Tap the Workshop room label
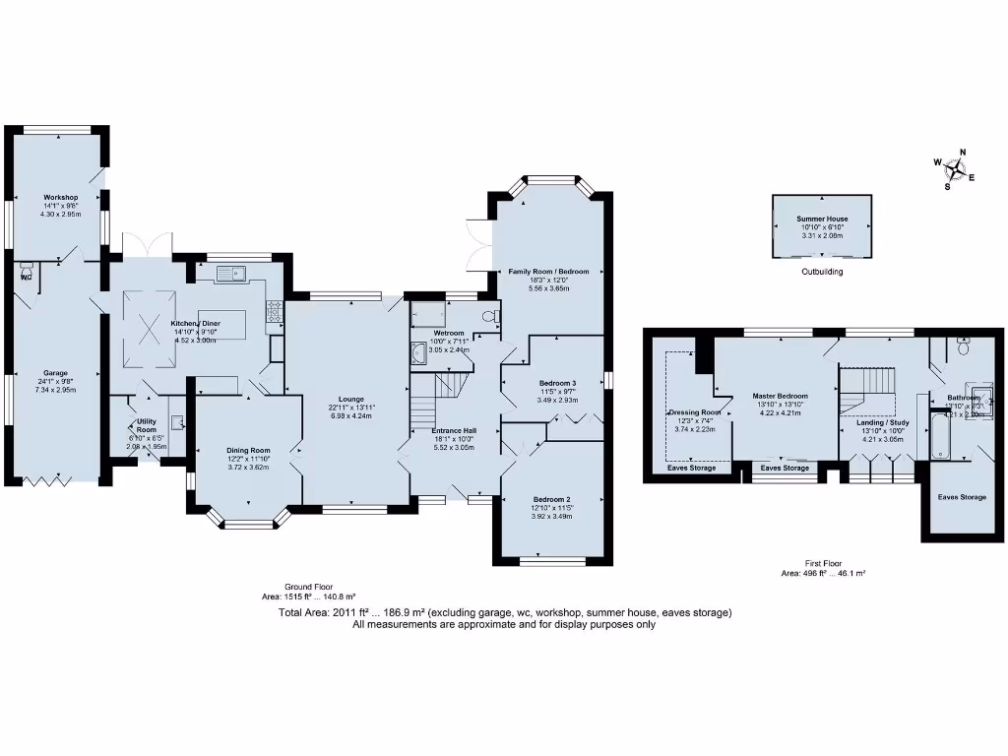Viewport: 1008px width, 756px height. click(60, 198)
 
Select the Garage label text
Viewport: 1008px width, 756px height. click(55, 374)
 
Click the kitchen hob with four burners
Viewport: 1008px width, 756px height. click(274, 312)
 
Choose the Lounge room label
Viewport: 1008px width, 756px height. click(352, 399)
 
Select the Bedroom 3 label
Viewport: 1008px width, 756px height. click(557, 383)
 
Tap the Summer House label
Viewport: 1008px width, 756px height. click(822, 220)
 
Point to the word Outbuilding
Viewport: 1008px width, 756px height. click(822, 272)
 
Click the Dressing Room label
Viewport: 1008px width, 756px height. click(696, 413)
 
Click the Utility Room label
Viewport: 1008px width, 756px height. click(147, 426)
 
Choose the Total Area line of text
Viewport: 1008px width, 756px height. click(504, 613)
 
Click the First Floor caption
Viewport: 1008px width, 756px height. click(823, 564)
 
